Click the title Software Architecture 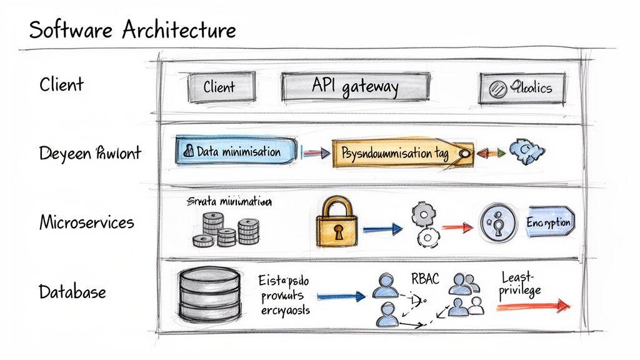click(132, 29)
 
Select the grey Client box click(221, 87)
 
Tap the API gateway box click(355, 87)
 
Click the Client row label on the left click(61, 84)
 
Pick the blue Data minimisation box click(237, 152)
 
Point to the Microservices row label click(86, 222)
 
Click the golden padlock click(337, 224)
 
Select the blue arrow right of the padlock click(382, 229)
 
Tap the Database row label click(72, 291)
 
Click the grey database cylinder click(204, 294)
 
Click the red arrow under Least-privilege click(534, 306)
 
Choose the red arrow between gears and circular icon click(457, 227)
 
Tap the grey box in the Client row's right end click(522, 88)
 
